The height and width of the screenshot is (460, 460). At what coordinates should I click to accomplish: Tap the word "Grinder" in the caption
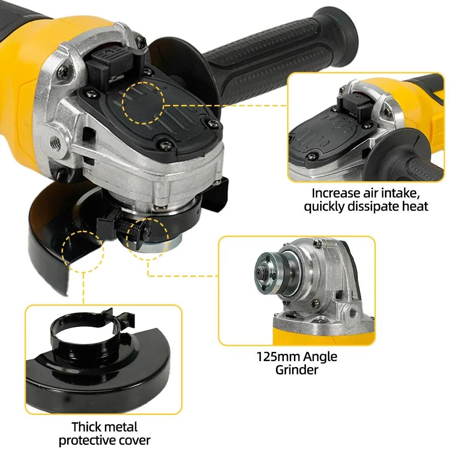(x=297, y=369)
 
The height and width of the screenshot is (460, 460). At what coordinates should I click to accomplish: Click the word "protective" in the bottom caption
(x=87, y=440)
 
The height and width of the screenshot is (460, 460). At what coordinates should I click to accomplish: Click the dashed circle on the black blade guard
(x=85, y=250)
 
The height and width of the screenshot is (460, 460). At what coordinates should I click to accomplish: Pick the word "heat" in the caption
(x=415, y=206)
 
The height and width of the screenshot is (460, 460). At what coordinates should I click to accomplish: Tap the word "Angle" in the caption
(x=320, y=356)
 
